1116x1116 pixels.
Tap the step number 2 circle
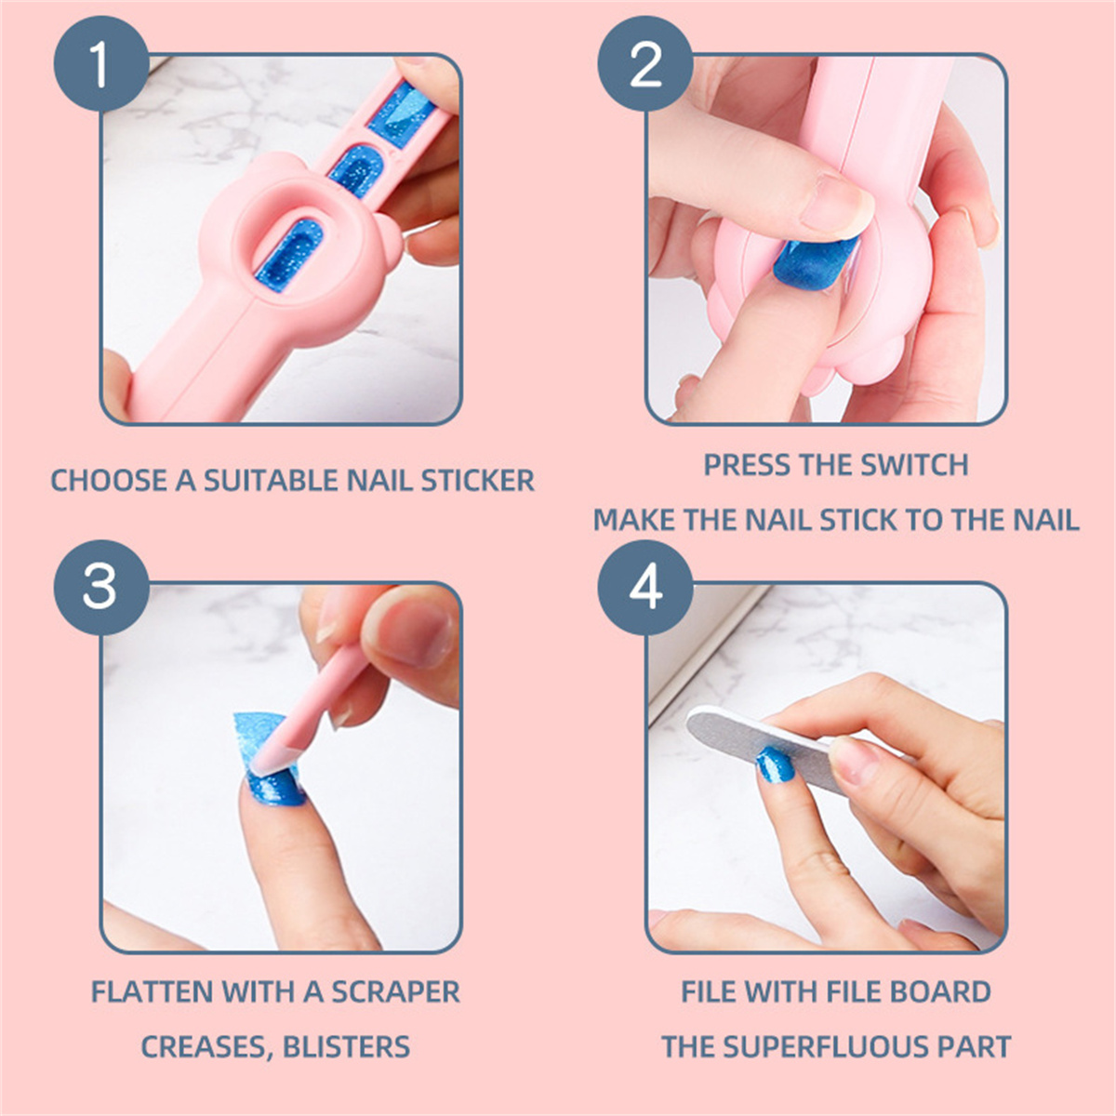[x=645, y=64]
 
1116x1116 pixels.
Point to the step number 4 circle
[x=645, y=588]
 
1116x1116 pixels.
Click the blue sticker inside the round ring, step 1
[x=287, y=254]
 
